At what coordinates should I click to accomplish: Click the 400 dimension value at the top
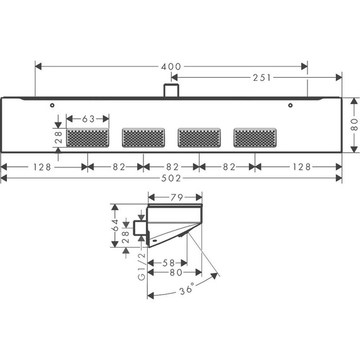(x=171, y=66)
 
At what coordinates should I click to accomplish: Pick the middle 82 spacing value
(x=171, y=167)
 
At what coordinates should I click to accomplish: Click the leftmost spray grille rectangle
(x=87, y=136)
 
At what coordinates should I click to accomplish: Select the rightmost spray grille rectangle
(x=255, y=136)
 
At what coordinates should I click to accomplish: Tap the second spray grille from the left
(x=143, y=136)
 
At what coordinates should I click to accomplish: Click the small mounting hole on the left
(x=52, y=105)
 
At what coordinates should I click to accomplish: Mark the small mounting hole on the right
(x=290, y=105)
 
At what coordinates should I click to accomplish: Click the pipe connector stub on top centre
(x=169, y=90)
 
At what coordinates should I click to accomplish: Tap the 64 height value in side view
(x=115, y=226)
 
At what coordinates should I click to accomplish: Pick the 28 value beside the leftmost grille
(x=58, y=137)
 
